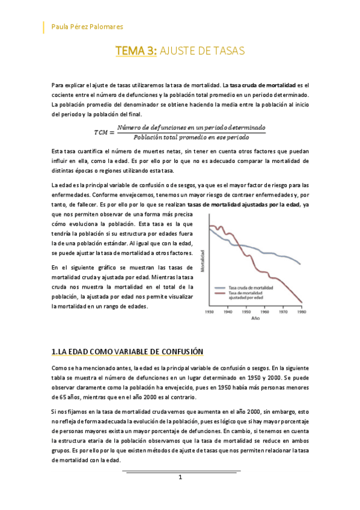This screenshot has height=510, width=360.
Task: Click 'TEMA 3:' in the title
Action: tap(136, 52)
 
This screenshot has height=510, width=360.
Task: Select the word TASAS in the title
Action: tap(227, 52)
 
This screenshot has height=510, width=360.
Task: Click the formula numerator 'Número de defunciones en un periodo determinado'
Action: tap(191, 127)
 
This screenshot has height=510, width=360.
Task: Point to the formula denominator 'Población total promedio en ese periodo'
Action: tap(191, 137)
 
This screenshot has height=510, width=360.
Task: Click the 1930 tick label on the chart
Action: tap(210, 312)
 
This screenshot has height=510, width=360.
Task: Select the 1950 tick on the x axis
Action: tap(246, 312)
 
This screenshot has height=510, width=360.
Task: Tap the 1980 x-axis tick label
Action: tap(302, 312)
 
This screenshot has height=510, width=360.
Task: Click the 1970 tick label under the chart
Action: tap(284, 312)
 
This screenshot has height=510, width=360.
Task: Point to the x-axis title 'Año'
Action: tap(255, 318)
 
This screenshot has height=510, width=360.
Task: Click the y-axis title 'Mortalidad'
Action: tap(203, 261)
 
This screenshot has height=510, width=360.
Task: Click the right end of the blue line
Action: tap(301, 264)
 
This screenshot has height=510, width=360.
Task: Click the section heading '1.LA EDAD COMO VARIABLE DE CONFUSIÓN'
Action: tap(128, 352)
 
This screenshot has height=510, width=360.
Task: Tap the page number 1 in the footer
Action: tap(180, 477)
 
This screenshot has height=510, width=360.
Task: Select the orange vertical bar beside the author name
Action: tap(44, 26)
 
